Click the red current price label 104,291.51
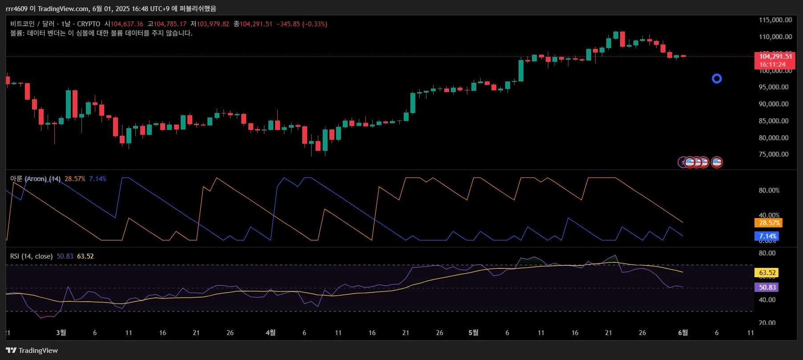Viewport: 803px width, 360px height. (775, 57)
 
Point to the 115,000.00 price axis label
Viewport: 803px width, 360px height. (775, 20)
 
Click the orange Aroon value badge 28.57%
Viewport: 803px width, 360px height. (769, 223)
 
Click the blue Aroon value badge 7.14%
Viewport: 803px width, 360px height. (767, 236)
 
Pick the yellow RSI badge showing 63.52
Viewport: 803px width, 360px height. (767, 273)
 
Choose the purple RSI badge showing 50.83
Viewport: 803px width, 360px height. (767, 287)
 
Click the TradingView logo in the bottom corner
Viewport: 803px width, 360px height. (32, 351)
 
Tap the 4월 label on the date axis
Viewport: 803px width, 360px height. (270, 333)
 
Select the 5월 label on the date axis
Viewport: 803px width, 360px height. (473, 333)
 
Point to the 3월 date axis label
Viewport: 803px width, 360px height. (61, 333)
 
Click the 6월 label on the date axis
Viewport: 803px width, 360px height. (683, 333)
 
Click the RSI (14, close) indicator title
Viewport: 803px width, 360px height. (31, 256)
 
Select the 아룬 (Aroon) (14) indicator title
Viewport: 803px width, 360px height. (35, 179)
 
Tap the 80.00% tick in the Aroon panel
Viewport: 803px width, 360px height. (769, 190)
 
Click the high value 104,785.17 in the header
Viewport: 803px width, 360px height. (170, 24)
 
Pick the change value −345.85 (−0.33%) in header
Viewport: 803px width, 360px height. (302, 24)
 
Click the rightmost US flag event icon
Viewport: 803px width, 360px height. (717, 162)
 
